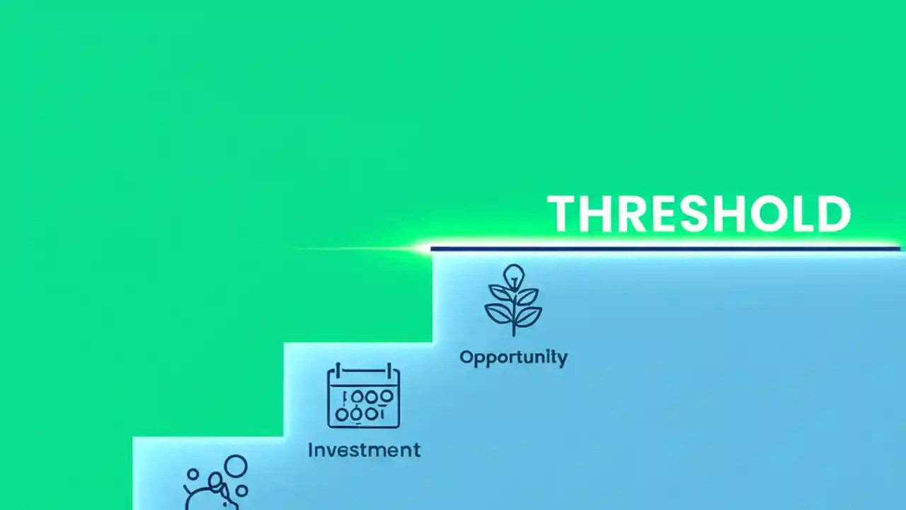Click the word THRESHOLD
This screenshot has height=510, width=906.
[x=699, y=214]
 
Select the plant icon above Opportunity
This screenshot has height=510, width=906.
[x=513, y=300]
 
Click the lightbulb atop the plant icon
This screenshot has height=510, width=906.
[x=513, y=274]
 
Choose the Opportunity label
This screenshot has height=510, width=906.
[x=513, y=357]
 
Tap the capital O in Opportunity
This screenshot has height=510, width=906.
[x=467, y=356]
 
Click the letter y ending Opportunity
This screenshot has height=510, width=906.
[x=561, y=358]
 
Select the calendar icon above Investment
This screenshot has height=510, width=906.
[x=363, y=397]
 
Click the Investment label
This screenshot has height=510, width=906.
[x=364, y=450]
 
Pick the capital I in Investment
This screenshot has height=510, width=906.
[x=311, y=450]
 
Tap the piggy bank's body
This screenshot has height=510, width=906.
[x=212, y=496]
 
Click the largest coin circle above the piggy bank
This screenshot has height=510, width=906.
[x=236, y=467]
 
